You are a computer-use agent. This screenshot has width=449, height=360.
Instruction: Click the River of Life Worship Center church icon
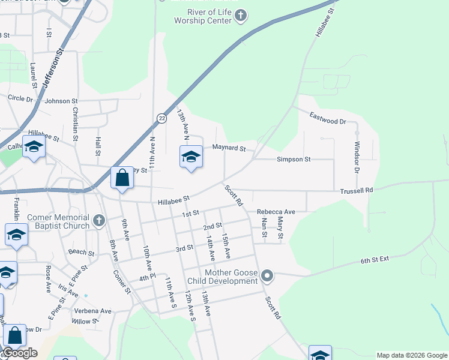click(241, 16)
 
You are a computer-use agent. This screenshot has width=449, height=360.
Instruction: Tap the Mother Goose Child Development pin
click(267, 277)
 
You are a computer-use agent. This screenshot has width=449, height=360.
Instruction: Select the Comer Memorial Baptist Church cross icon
click(100, 221)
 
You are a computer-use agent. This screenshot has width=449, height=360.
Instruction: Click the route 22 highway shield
click(162, 118)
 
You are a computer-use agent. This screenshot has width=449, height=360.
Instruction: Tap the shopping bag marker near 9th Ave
click(122, 179)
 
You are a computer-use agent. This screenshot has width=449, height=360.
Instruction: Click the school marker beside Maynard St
click(191, 158)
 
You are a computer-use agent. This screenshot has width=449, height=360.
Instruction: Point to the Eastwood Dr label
click(328, 118)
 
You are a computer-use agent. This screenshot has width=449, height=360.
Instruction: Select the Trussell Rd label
click(357, 190)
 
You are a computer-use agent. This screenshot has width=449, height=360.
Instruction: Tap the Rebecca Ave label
click(276, 212)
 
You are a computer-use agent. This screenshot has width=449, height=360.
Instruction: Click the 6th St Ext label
click(375, 260)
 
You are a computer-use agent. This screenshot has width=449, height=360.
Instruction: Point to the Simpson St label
click(294, 160)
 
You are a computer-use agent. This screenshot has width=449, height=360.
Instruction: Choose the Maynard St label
click(228, 148)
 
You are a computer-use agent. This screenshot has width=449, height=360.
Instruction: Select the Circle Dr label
click(20, 98)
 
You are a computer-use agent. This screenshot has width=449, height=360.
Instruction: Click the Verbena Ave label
click(93, 311)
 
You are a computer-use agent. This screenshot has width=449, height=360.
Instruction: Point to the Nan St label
click(265, 227)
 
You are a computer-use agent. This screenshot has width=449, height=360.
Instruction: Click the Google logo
click(20, 352)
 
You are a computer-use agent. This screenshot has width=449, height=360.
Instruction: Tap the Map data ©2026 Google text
click(411, 355)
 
